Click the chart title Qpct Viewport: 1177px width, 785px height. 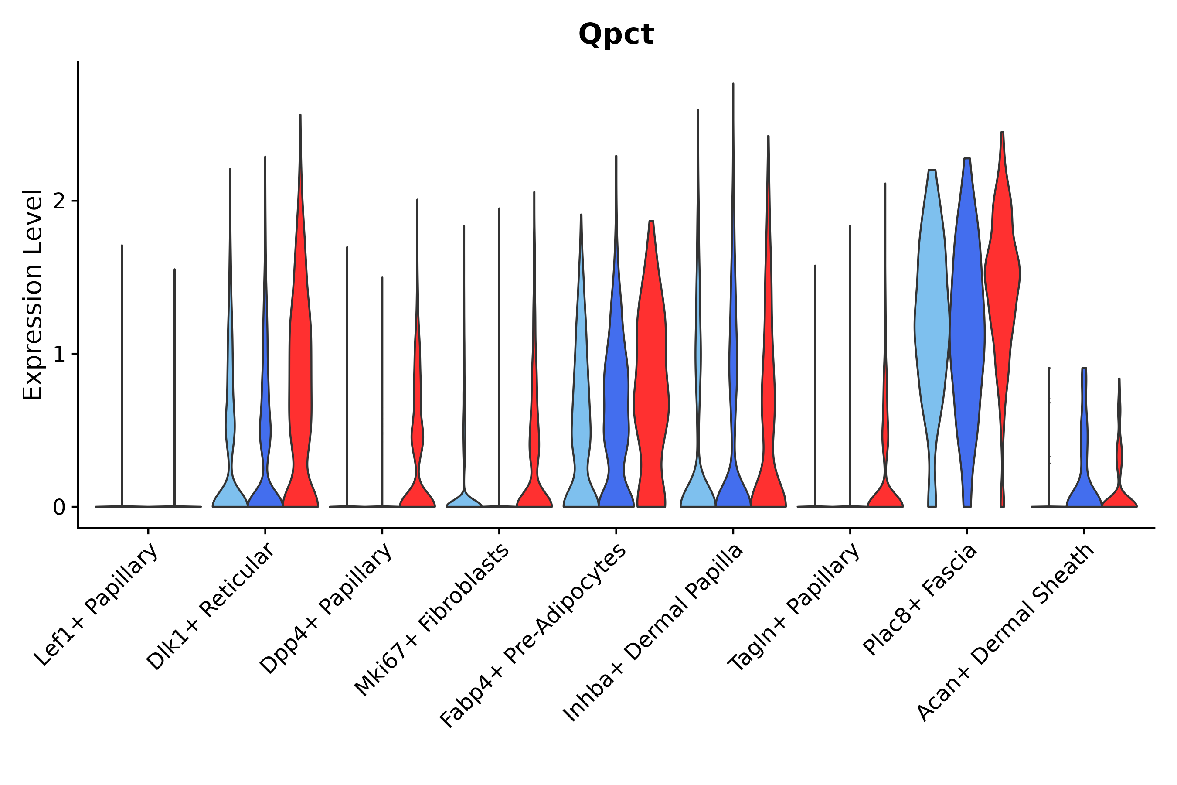[x=616, y=34]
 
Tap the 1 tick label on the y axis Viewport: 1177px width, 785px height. [x=59, y=355]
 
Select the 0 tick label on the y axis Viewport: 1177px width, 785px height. [x=59, y=508]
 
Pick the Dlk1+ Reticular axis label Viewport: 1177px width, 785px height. [x=210, y=606]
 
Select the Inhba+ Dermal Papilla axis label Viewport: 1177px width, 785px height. [x=653, y=633]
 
